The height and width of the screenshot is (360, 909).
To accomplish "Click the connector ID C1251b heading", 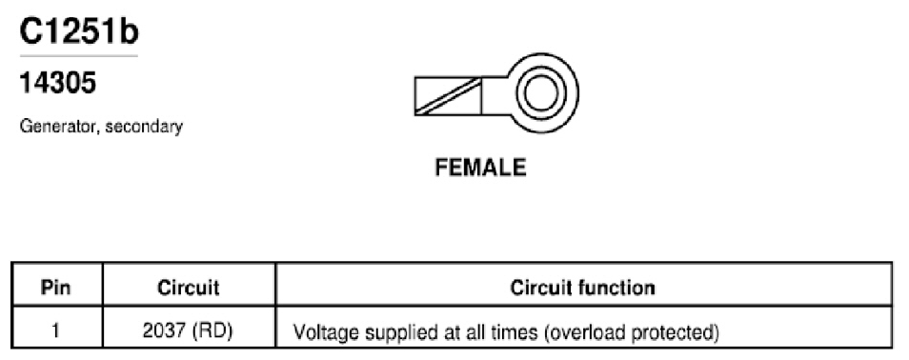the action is [x=79, y=31].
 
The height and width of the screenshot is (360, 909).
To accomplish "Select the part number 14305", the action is [x=57, y=84].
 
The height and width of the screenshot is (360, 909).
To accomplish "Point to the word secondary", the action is [x=144, y=126].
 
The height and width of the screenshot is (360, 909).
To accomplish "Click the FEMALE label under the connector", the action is [x=480, y=168].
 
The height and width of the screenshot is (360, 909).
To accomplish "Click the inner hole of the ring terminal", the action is [x=540, y=93].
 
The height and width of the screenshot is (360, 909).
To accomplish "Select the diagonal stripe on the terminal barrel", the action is [x=448, y=95].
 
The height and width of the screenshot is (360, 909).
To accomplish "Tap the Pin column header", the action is [x=56, y=288].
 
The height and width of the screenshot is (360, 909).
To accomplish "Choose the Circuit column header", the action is [x=189, y=288].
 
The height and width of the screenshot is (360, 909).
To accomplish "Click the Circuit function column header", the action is [x=582, y=288].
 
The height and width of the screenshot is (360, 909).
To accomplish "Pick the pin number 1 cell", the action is [x=56, y=331].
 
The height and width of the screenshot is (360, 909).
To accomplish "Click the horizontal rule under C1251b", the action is [x=79, y=56].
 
